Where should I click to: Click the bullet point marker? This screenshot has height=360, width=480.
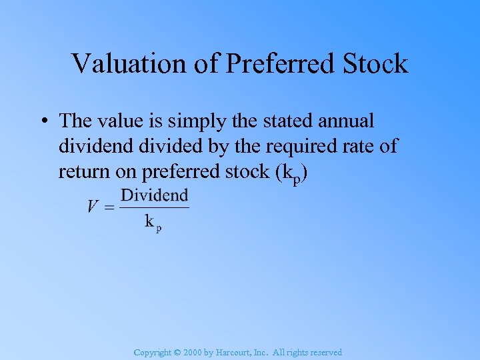[x=42, y=121]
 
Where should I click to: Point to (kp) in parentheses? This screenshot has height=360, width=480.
[x=290, y=173]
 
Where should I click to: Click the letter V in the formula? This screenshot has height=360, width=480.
[x=93, y=207]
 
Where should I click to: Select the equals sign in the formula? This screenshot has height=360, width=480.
[x=110, y=207]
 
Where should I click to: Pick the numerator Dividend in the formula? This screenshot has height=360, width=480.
[x=155, y=195]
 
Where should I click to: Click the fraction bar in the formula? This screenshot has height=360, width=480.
[x=155, y=207]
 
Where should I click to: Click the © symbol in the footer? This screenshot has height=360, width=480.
[x=176, y=353]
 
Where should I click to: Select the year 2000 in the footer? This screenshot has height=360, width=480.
[x=193, y=353]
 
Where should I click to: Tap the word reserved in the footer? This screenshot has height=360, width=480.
[x=325, y=353]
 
